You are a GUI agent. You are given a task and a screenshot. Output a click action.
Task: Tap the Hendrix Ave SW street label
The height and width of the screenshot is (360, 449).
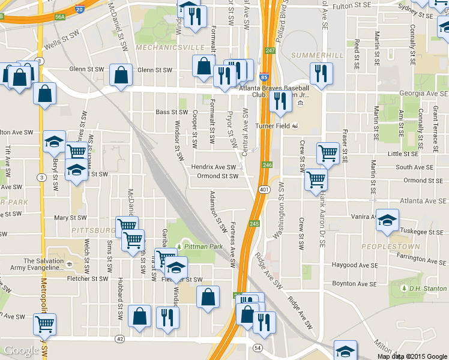coord(214,167)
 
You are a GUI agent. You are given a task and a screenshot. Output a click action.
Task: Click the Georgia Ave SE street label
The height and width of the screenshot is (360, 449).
coord(424,94)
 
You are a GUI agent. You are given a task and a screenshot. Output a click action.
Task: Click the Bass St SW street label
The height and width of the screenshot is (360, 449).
coord(172,112)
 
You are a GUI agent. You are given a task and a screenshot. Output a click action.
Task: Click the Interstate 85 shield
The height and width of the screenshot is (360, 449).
coord(265,77)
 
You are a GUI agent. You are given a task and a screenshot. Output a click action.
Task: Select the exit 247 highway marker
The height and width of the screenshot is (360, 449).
coord(270,50)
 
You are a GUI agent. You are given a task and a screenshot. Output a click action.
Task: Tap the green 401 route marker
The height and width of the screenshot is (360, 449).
coord(264,190)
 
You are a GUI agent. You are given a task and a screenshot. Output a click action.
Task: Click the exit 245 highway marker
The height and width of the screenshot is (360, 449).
coord(255,223)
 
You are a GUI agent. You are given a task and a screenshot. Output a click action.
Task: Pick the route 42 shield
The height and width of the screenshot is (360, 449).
coord(120,339)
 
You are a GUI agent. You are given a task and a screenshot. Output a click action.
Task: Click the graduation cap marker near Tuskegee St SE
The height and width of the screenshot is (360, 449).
coord(387,220)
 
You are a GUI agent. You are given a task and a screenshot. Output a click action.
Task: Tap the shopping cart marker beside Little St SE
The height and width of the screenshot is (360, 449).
coord(327,152)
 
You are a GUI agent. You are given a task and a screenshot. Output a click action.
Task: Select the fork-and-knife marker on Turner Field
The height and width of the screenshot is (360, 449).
coord(280,101)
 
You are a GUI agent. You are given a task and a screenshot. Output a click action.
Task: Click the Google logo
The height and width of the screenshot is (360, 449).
coord(22,351)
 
